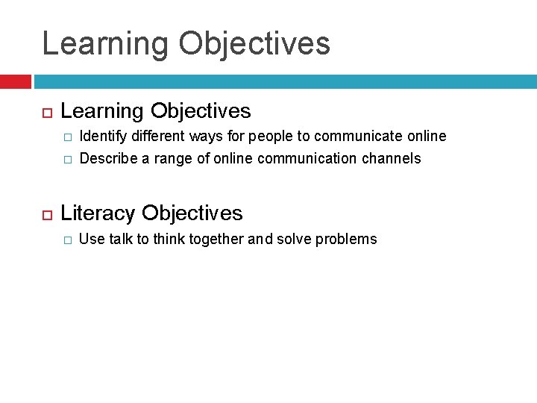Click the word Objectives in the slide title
pyautogui.click(x=254, y=44)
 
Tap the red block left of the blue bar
pyautogui.click(x=15, y=81)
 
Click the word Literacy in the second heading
pyautogui.click(x=98, y=213)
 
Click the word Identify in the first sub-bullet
pyautogui.click(x=102, y=137)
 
